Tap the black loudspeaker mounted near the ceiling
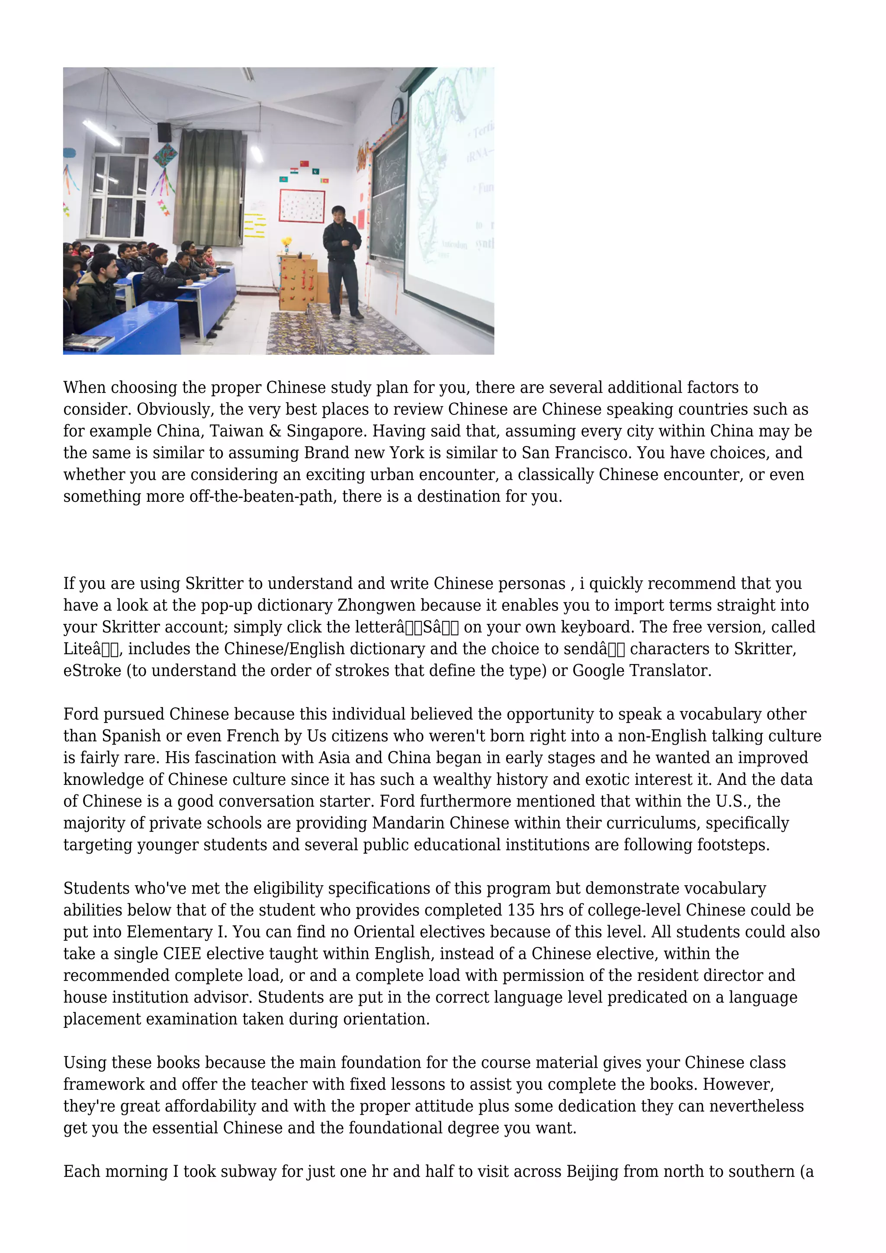pos(164,132)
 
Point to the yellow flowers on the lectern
pos(286,242)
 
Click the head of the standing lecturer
pos(338,213)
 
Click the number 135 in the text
pos(521,910)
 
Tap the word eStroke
pos(92,671)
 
